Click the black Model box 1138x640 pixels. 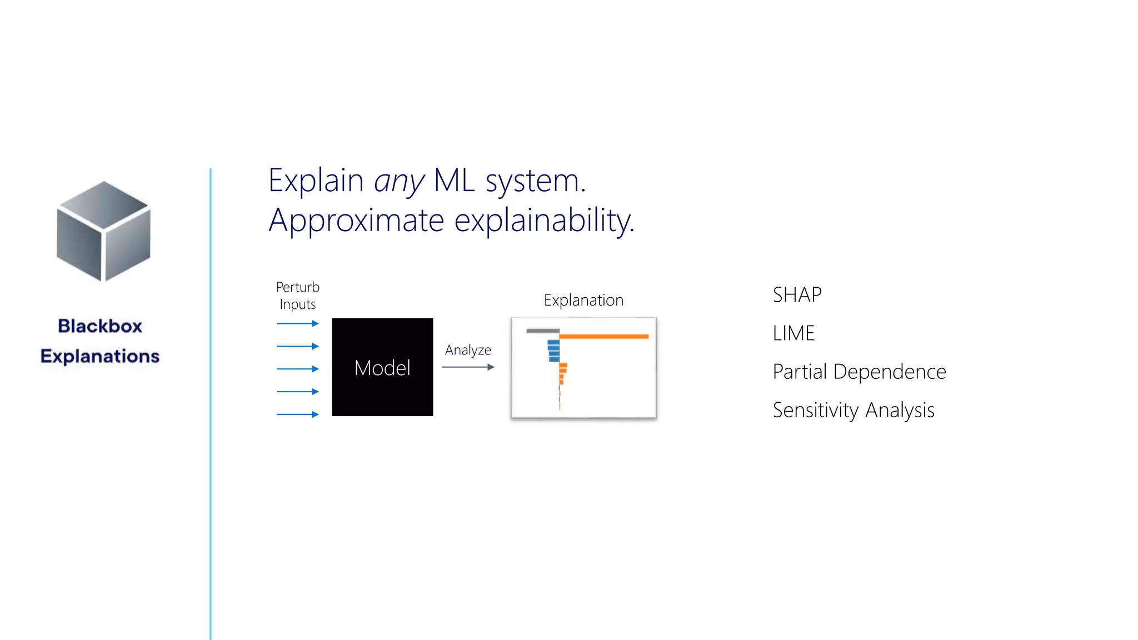point(382,367)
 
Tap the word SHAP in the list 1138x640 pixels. point(797,295)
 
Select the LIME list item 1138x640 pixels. point(793,333)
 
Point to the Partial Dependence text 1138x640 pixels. point(859,372)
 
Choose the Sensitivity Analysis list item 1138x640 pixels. point(853,411)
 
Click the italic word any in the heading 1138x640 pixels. point(399,181)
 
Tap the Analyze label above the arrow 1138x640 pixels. point(468,350)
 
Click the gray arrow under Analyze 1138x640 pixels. point(468,367)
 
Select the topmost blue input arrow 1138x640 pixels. point(298,323)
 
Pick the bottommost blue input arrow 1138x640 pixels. point(298,414)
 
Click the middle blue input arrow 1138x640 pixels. point(298,369)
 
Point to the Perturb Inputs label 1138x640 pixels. point(298,296)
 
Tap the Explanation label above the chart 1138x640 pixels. point(583,301)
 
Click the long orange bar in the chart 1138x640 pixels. point(604,336)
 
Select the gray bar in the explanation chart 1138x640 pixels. point(542,331)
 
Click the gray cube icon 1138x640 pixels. point(103,231)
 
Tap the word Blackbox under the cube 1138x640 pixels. point(100,326)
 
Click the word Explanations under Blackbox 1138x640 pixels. point(100,356)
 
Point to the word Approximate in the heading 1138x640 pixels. point(356,221)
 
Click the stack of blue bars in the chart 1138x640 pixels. point(553,351)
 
